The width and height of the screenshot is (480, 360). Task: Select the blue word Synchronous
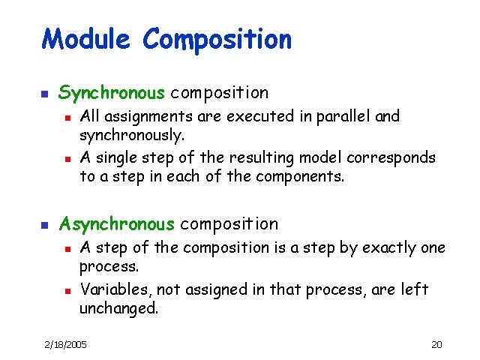[x=111, y=93]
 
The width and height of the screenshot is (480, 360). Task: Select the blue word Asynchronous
[x=116, y=223]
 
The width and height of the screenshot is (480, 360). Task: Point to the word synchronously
[x=131, y=136]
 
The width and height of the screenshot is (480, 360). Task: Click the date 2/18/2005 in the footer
[x=65, y=344]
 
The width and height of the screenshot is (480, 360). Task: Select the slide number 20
[x=436, y=344]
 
